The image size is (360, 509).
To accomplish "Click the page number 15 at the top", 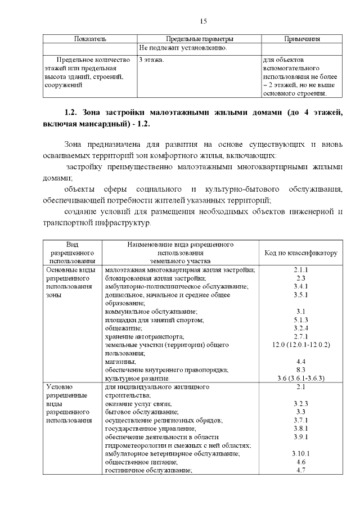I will [x=204, y=21].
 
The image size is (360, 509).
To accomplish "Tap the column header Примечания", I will [x=302, y=39].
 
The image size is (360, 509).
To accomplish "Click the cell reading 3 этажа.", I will [x=151, y=59].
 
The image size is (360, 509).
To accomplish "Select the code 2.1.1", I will [x=300, y=269].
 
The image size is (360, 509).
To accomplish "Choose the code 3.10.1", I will [x=300, y=453].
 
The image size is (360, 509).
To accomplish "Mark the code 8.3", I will [x=300, y=370].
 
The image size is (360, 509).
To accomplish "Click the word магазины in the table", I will [x=120, y=361].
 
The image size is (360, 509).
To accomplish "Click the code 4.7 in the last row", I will [x=300, y=470].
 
